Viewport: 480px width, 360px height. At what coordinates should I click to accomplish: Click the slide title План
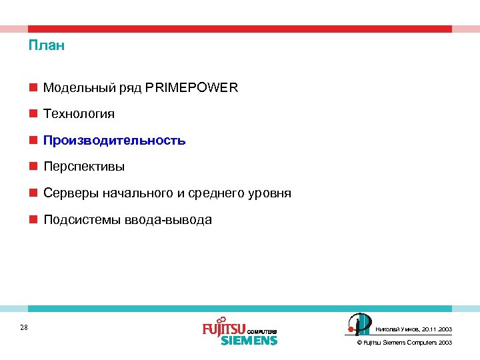46,46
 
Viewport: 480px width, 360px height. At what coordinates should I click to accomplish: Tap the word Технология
79,114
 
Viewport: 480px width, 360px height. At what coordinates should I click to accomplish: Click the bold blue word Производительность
114,141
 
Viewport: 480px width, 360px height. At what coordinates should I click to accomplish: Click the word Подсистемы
81,220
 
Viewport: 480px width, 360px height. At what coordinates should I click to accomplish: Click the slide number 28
24,327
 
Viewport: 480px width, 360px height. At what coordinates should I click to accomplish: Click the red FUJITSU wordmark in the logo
224,329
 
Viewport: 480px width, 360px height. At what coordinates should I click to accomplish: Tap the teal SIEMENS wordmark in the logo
249,340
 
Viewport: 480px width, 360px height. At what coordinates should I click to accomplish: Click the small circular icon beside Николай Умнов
359,324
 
